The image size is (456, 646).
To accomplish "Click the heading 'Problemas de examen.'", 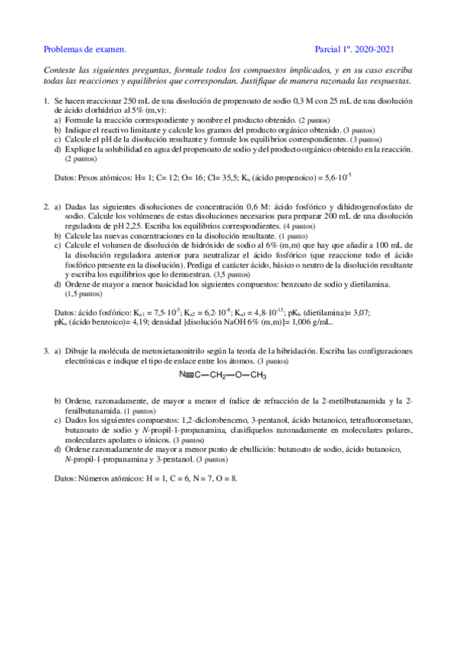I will pos(85,50).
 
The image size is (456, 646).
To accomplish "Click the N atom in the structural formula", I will pos(182,375).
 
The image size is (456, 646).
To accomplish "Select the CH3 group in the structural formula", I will pos(259,376).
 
